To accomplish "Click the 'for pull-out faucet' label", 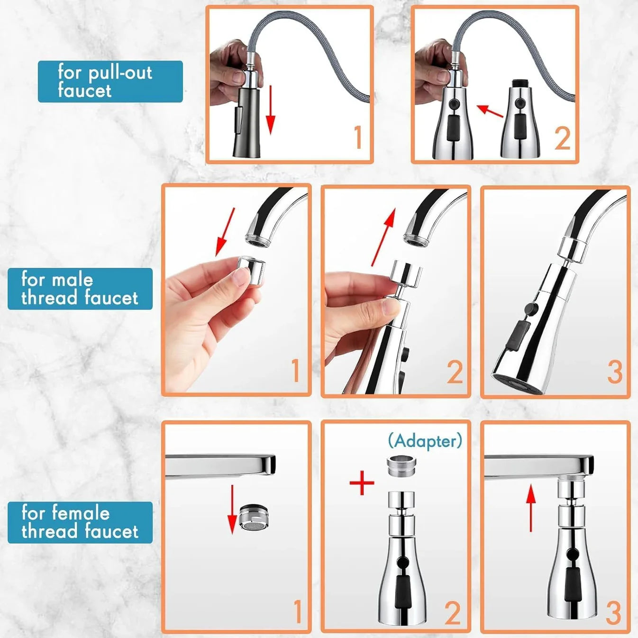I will tap(110, 82).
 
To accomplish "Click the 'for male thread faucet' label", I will tap(80, 289).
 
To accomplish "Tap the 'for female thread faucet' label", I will tap(80, 522).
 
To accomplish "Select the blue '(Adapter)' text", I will tap(425, 441).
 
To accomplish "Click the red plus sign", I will tap(362, 483).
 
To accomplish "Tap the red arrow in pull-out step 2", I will tap(490, 111).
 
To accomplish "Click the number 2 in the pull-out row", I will tap(562, 139).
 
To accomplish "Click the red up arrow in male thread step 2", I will tap(383, 237).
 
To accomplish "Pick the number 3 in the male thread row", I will tap(614, 372).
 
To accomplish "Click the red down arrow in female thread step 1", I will tap(232, 509).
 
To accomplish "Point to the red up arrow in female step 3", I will tap(531, 508).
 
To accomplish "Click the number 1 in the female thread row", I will tap(297, 611).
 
